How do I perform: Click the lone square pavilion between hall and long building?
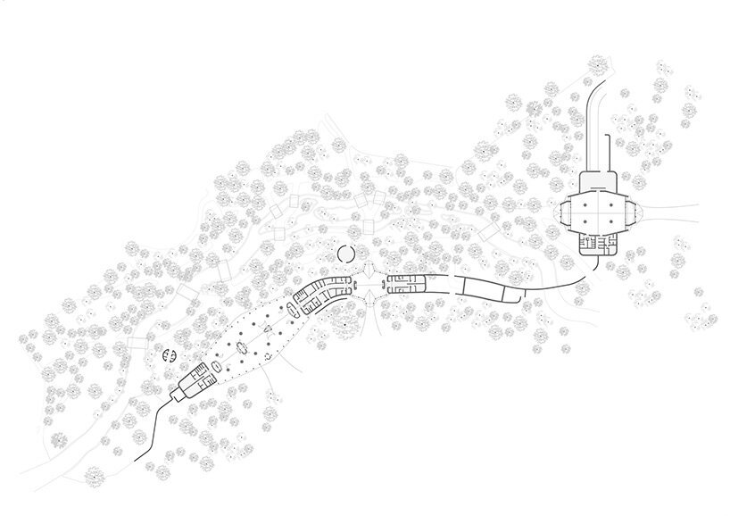(x=488, y=231)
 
